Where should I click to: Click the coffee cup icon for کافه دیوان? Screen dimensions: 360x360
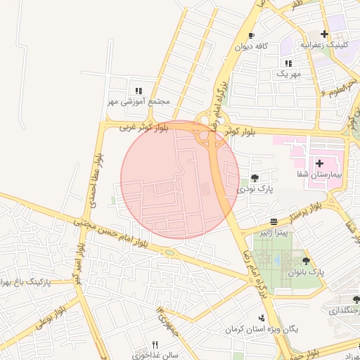[251, 36]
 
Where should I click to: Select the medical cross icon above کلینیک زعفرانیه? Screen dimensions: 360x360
[324, 34]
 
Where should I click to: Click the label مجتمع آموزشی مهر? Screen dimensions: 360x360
[139, 101]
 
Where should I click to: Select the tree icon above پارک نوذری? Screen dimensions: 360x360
[255, 178]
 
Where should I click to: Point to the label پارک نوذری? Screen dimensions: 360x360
[255, 189]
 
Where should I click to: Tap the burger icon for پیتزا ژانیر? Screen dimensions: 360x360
[274, 221]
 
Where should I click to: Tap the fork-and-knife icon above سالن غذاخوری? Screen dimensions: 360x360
[155, 345]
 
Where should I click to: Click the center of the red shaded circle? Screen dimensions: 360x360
[180, 180]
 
